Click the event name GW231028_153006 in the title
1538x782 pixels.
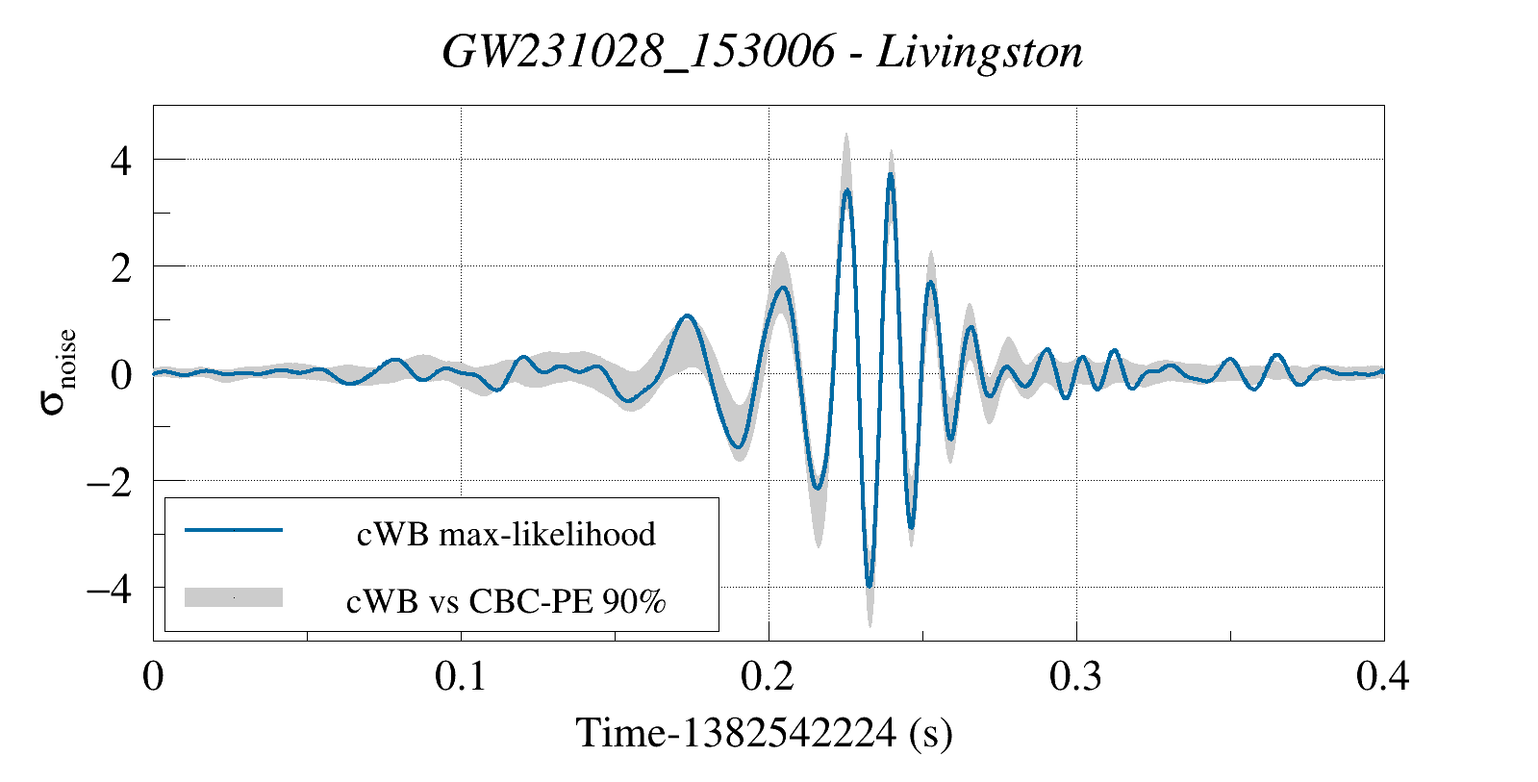639,53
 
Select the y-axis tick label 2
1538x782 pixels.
121,269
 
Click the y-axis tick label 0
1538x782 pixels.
121,375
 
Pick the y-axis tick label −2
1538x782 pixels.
110,484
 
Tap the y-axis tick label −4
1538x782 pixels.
110,590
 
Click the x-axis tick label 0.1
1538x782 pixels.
460,676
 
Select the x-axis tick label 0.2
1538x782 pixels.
768,676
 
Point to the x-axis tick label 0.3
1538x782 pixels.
1075,676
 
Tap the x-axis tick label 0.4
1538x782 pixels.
1383,676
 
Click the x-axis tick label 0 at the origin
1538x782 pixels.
153,676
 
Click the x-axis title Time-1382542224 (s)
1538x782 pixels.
765,733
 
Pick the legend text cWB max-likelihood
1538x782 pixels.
506,534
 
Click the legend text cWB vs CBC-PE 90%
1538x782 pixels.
506,601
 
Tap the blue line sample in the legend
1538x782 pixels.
234,529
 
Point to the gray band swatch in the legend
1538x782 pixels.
234,597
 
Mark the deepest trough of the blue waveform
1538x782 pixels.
870,586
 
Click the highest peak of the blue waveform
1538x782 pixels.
891,174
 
